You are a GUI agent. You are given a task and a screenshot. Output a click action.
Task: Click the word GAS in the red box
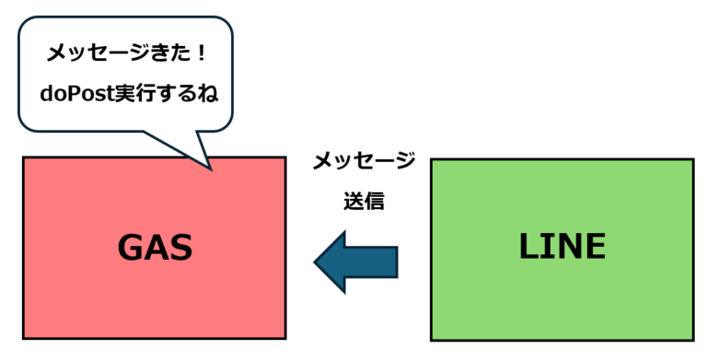[x=155, y=248]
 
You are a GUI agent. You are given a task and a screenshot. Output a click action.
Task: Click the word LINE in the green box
[x=562, y=246]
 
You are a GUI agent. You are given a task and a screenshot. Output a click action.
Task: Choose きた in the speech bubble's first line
[x=167, y=52]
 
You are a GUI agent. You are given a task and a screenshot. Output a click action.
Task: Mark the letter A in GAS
[x=156, y=248]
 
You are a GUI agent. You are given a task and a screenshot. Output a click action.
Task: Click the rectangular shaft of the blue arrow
[x=372, y=261]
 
